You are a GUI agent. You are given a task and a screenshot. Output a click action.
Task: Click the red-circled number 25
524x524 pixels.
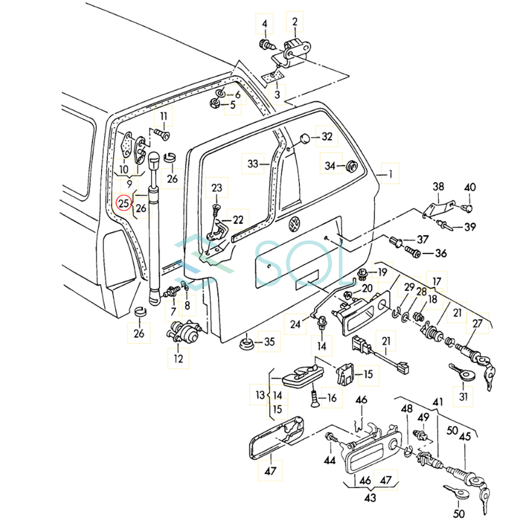(x=124, y=203)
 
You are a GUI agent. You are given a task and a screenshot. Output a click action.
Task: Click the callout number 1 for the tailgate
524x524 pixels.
(x=391, y=174)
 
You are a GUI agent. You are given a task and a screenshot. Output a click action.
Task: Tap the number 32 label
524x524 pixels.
(x=327, y=137)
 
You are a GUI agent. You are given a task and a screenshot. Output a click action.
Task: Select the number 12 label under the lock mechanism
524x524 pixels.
(x=178, y=359)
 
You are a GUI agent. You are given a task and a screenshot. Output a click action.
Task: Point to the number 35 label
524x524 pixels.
(x=269, y=341)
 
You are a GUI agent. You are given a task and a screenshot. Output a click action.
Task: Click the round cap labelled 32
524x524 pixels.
(x=303, y=139)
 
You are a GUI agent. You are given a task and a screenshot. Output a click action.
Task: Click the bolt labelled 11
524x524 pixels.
(x=164, y=134)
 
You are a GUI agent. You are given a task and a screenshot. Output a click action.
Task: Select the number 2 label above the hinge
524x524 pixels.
(x=295, y=22)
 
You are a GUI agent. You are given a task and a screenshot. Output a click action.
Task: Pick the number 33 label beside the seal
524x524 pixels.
(x=253, y=164)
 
